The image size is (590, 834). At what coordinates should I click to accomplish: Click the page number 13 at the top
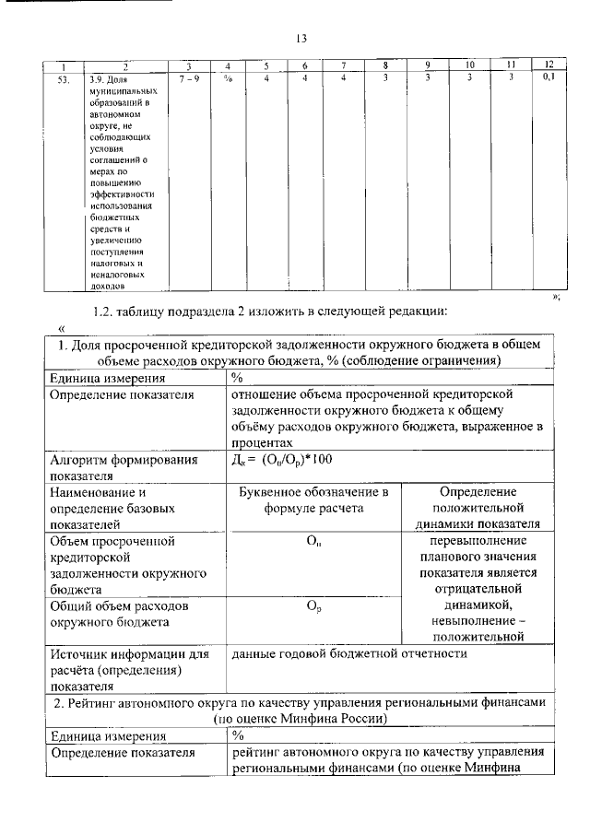click(300, 38)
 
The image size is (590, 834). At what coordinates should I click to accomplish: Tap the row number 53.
click(64, 78)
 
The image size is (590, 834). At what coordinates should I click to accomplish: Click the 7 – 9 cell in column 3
click(188, 78)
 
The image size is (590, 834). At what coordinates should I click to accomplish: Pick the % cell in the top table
click(226, 78)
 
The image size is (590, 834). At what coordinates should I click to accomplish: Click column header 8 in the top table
click(386, 65)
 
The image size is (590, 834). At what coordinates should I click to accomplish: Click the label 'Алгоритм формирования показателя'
click(124, 467)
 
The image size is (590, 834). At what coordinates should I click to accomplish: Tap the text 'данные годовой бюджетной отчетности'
click(349, 653)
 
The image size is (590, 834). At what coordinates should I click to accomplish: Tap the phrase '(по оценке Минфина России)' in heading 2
click(300, 718)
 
